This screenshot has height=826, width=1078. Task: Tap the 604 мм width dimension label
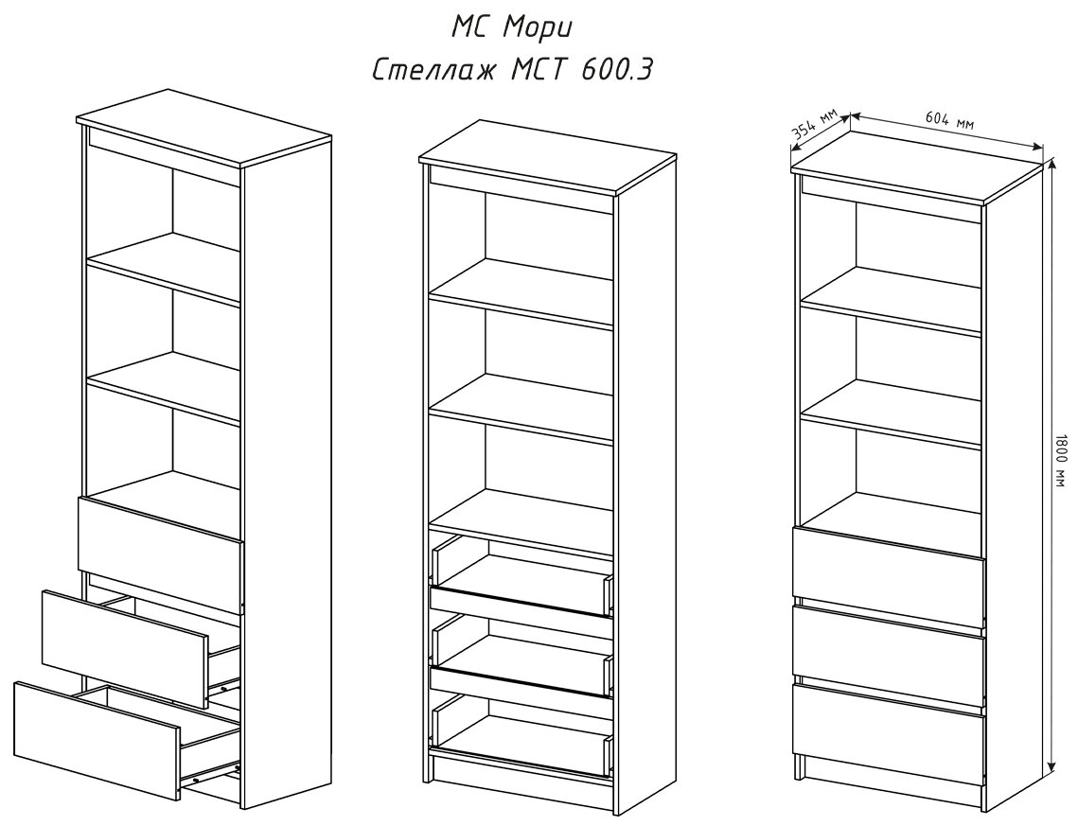coord(947,121)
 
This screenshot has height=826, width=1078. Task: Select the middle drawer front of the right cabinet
coord(889,643)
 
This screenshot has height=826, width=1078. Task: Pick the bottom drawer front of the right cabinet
coord(889,721)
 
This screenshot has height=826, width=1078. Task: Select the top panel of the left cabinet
coord(203,128)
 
